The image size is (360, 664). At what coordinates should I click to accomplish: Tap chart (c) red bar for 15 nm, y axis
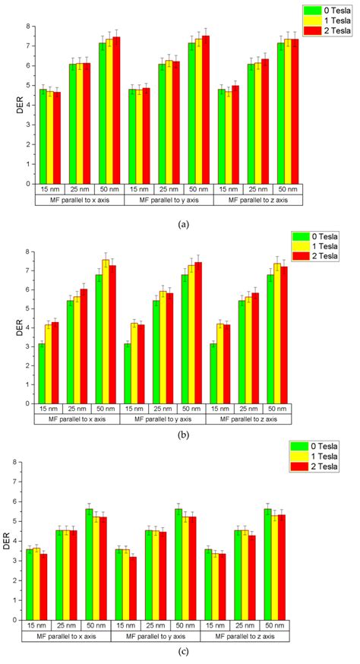pos(133,588)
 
